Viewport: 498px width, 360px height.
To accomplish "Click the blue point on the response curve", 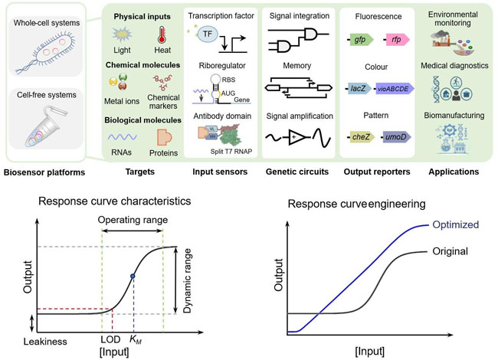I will point(133,276).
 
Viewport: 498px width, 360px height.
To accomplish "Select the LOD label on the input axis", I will point(110,338).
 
